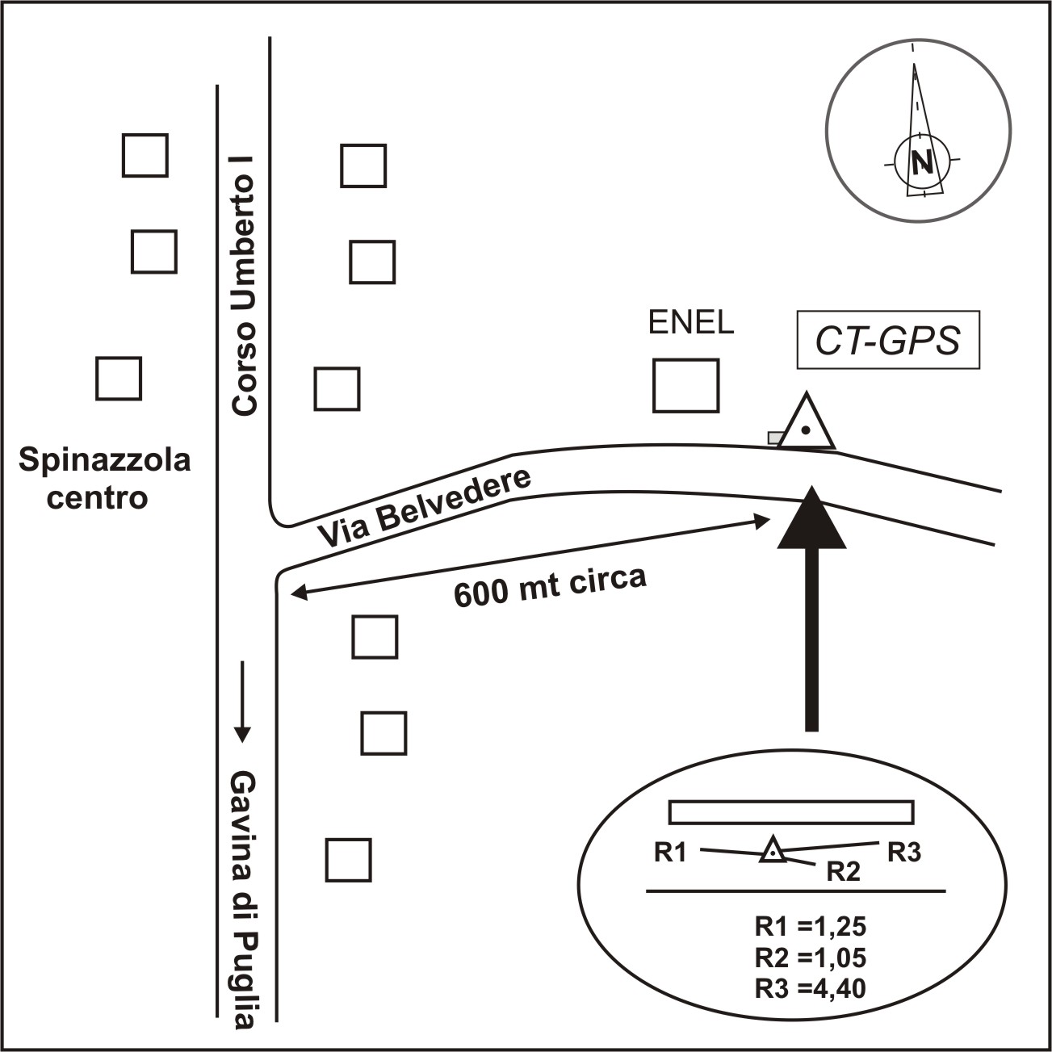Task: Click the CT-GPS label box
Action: pos(887,340)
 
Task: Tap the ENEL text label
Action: pos(691,323)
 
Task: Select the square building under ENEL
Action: pos(685,386)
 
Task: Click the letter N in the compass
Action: pos(921,162)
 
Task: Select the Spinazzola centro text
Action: pos(104,479)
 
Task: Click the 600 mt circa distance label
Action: pos(551,589)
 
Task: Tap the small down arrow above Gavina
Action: pos(242,700)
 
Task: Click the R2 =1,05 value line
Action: pos(810,958)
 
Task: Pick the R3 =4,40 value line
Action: pos(810,987)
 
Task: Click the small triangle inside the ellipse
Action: pos(773,850)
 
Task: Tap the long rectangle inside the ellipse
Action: pos(791,811)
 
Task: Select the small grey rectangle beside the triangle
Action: pos(775,437)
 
